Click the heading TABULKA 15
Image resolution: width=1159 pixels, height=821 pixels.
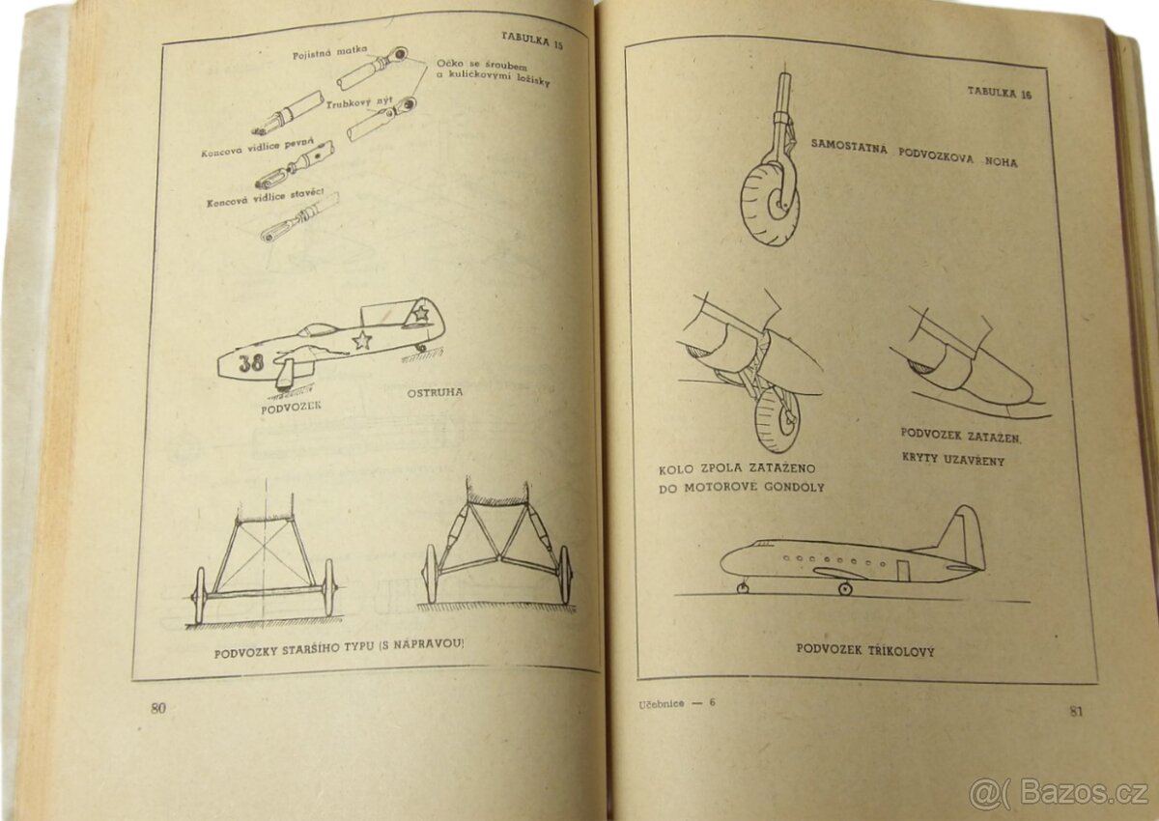(x=532, y=40)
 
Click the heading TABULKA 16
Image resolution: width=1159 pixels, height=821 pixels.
(x=1000, y=93)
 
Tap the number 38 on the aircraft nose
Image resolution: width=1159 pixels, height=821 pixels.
(x=251, y=362)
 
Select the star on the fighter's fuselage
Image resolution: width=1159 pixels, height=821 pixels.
(x=361, y=340)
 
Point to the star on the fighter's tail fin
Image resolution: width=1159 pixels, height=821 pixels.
(x=420, y=312)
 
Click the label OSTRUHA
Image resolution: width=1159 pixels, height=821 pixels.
(x=435, y=393)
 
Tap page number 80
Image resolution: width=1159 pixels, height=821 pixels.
(x=158, y=708)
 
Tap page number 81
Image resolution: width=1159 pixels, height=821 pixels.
(x=1076, y=711)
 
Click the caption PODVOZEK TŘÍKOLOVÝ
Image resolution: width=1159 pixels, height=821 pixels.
(x=865, y=650)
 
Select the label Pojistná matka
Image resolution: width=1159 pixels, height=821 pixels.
(x=329, y=52)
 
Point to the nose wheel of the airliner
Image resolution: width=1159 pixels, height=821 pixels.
(x=743, y=587)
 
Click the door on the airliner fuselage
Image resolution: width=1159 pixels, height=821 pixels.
(x=903, y=570)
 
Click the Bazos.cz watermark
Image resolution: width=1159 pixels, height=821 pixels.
(x=1060, y=793)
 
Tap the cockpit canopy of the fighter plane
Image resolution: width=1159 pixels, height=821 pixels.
(x=318, y=330)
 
